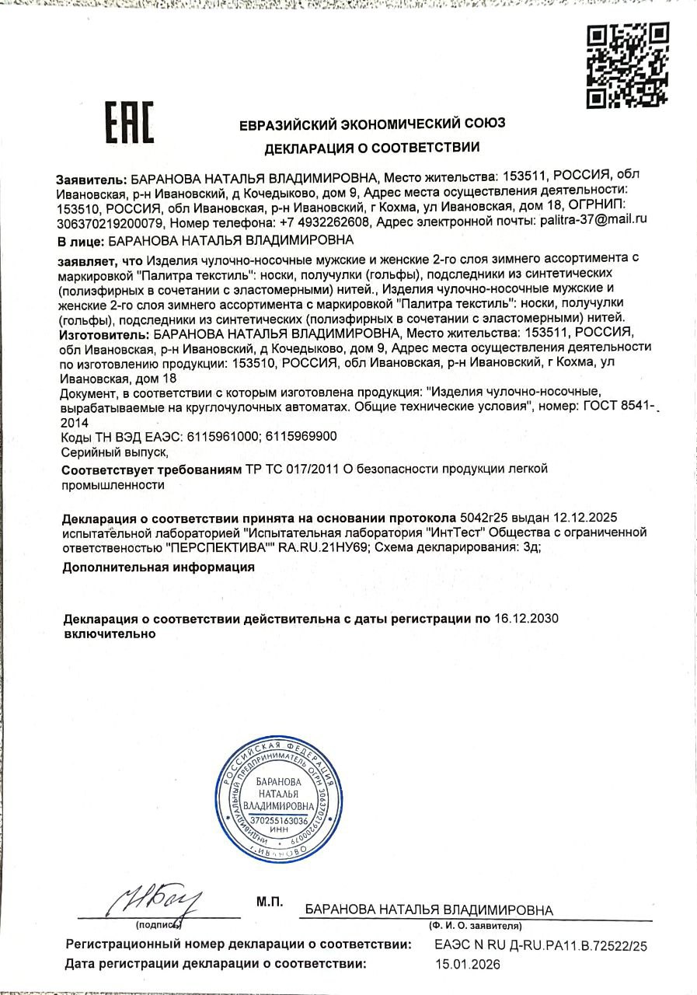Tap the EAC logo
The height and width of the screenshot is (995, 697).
click(129, 124)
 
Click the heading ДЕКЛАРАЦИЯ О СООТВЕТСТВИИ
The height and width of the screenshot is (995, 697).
click(371, 148)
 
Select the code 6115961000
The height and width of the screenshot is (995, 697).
click(220, 436)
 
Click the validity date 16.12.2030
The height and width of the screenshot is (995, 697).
click(527, 619)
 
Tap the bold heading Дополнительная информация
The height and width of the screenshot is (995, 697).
click(159, 567)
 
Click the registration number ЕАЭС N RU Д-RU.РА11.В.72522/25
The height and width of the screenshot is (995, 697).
click(541, 945)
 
